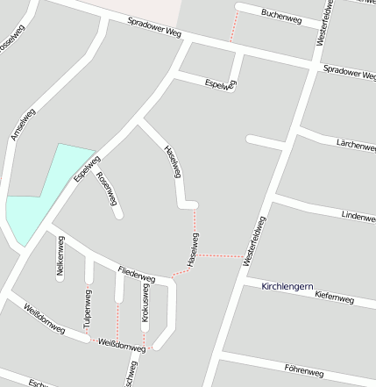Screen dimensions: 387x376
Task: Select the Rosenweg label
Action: (x=108, y=188)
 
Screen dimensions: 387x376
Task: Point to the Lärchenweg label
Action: (x=355, y=145)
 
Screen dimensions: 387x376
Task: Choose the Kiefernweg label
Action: (x=334, y=298)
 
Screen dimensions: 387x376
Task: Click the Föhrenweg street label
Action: (x=302, y=373)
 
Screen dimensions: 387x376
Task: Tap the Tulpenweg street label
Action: (x=88, y=309)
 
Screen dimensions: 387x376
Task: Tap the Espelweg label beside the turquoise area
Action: (x=86, y=166)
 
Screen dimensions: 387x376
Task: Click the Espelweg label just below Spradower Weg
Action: (x=219, y=84)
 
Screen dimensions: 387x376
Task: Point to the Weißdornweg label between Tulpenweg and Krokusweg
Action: (x=121, y=343)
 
